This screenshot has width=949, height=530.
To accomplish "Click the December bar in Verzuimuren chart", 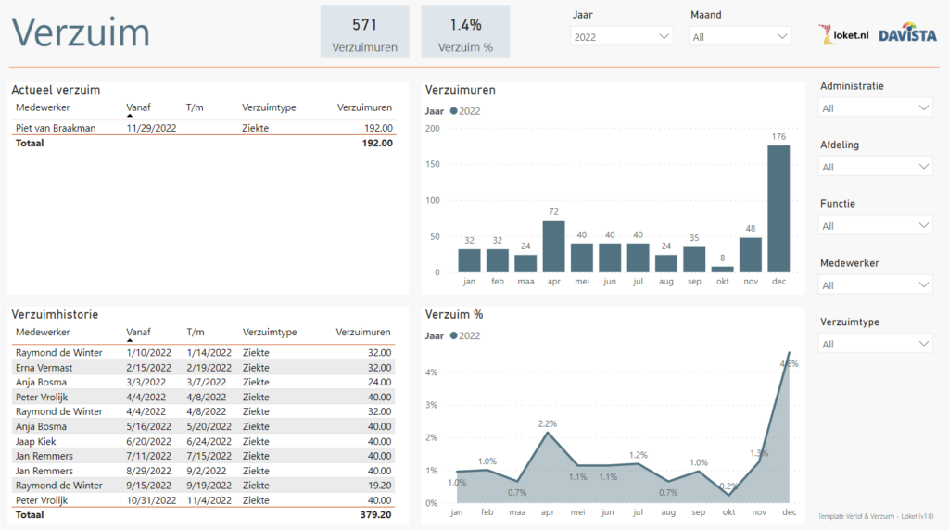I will tap(778, 208).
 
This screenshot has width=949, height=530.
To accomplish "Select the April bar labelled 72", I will tap(553, 246).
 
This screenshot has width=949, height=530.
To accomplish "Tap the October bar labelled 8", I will tap(722, 269).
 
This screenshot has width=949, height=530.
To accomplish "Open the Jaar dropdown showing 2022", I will tap(622, 36).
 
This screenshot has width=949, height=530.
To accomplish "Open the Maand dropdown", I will tap(740, 36).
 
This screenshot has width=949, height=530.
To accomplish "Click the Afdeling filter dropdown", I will tap(875, 167).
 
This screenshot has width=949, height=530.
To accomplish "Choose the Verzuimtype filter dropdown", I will tap(875, 344).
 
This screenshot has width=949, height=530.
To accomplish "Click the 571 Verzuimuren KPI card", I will tap(364, 32).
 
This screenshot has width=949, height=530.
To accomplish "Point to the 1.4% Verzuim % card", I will tap(465, 32).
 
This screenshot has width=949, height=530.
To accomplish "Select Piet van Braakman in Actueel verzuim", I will tap(56, 129).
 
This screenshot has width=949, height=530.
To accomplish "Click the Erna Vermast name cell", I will tap(44, 367).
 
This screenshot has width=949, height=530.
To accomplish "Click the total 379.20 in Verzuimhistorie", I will tap(375, 514).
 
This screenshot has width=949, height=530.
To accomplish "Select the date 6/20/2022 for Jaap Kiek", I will tap(148, 441).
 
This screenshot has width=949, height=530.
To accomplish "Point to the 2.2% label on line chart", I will tap(547, 423).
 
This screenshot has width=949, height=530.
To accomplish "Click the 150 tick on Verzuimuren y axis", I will tap(432, 164).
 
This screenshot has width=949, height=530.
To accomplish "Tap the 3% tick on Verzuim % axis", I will tap(430, 405).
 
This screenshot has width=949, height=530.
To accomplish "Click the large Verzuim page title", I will tap(81, 32).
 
